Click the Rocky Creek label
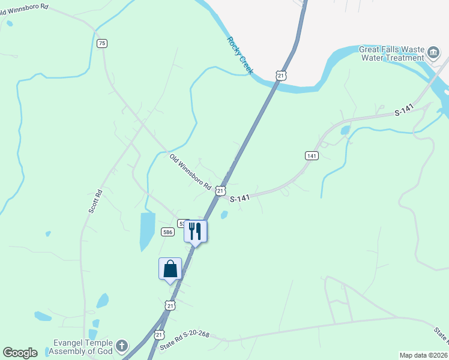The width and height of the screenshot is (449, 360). pos(240,56)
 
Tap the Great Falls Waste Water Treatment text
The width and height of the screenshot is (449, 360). pos(391,53)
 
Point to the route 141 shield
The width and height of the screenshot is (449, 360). pos(311,155)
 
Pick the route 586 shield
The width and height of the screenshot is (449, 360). pos(167,232)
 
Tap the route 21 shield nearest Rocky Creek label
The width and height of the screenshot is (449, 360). pos(281,75)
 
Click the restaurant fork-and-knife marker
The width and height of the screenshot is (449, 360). pos(195,230)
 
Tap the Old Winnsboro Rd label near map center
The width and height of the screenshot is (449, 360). pos(190,172)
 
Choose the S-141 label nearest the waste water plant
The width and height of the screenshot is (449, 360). pos(405,112)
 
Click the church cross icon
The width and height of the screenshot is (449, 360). pos(122,346)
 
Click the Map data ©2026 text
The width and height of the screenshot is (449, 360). pos(423,355)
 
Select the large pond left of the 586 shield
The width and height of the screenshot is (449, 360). pos(147,230)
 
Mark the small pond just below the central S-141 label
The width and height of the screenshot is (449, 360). pos(224,215)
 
